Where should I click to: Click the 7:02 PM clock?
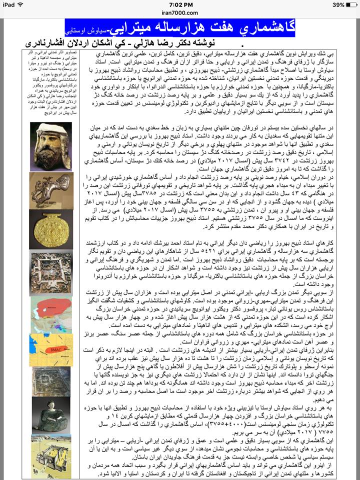pos(179,4)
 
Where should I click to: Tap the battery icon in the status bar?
pos(349,4)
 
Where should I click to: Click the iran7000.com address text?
pos(179,14)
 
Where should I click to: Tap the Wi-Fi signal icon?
pos(23,4)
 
